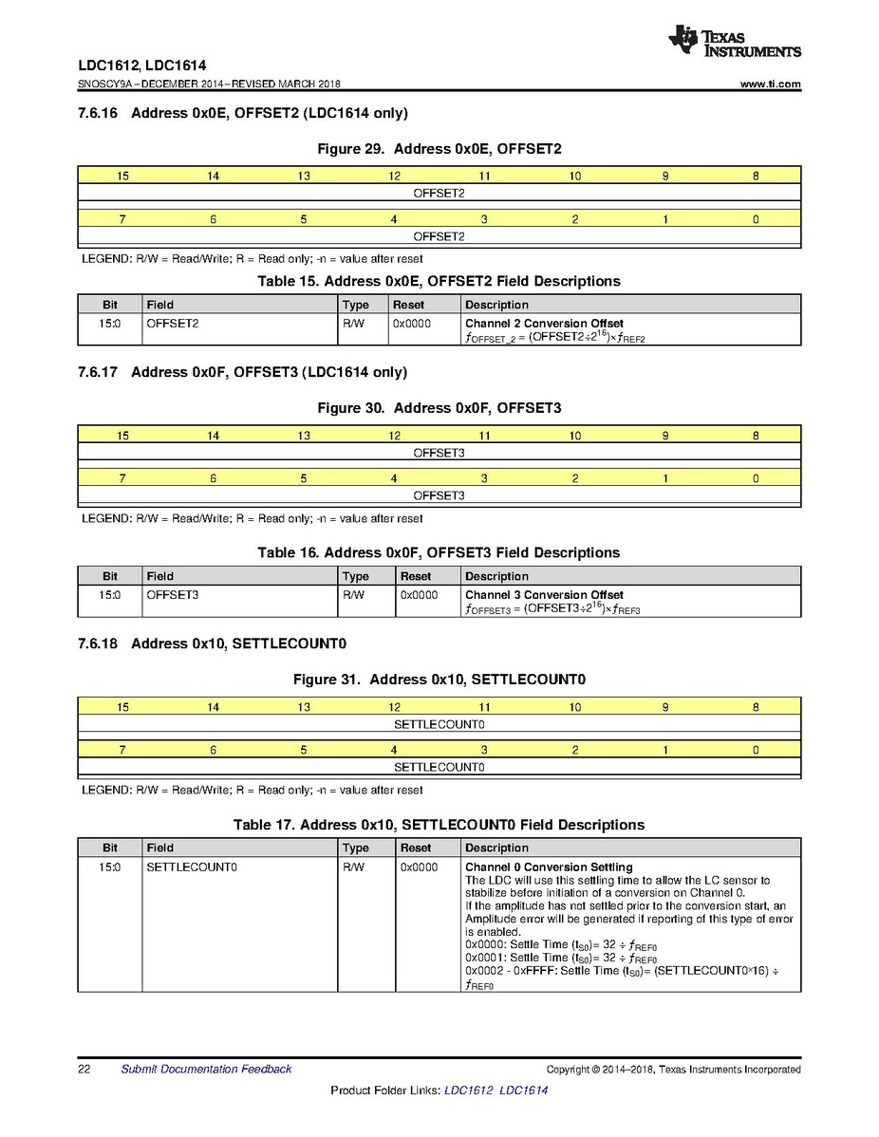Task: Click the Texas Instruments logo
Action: [x=734, y=42]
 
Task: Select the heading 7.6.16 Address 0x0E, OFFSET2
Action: [x=243, y=114]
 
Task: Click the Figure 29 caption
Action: [x=439, y=149]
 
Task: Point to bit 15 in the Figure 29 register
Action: [x=122, y=176]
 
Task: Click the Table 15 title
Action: [x=439, y=281]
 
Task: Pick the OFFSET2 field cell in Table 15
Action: [x=172, y=324]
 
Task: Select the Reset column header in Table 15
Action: [x=408, y=305]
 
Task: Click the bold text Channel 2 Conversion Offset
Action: [x=544, y=324]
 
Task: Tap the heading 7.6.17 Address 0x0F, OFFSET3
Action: [x=243, y=372]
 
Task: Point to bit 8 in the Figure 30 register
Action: [x=756, y=436]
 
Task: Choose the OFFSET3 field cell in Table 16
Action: [x=172, y=595]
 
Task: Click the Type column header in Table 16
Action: [x=356, y=576]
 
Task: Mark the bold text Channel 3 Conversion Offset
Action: [x=544, y=595]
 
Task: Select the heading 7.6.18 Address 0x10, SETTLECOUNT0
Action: [x=213, y=643]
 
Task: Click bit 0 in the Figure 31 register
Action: [x=756, y=750]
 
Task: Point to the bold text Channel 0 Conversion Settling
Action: [x=549, y=867]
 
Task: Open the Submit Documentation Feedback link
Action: [x=206, y=1070]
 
